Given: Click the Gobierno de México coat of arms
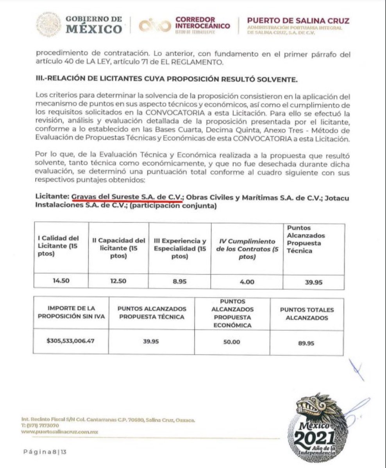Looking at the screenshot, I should (48, 25).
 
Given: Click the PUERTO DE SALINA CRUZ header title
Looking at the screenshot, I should (298, 21).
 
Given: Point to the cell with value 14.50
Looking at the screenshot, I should (61, 280).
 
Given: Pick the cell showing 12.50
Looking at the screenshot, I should (118, 281).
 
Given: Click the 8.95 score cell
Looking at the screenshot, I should (180, 281).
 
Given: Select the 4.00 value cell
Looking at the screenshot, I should (247, 281).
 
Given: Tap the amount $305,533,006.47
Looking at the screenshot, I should (71, 340).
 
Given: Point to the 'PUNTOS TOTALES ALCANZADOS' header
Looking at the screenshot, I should (307, 314).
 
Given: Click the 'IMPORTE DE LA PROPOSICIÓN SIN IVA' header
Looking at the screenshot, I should (71, 312).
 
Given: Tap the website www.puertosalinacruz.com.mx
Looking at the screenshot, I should (59, 432).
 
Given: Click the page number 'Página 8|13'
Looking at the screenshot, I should (45, 453).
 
